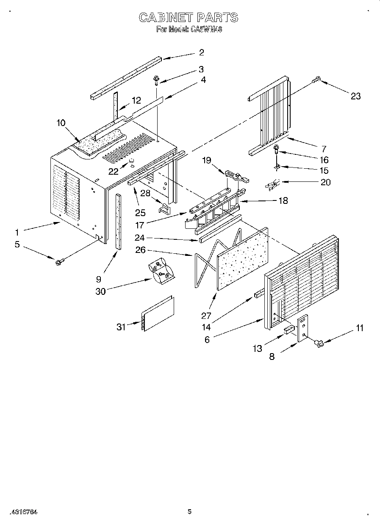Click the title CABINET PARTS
(x=189, y=17)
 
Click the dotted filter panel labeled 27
(x=242, y=258)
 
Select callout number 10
(x=61, y=123)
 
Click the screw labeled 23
(x=316, y=79)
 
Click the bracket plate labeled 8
(x=303, y=328)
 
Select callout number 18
(x=283, y=200)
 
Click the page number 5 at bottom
(x=189, y=511)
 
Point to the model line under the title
(x=189, y=30)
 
